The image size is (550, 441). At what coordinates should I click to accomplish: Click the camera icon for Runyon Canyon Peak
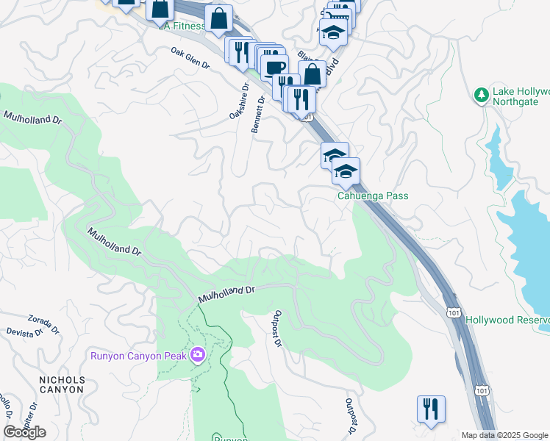tap(197, 356)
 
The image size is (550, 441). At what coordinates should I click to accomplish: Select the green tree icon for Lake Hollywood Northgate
tap(482, 96)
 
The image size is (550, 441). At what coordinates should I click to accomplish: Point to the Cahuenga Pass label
tap(372, 196)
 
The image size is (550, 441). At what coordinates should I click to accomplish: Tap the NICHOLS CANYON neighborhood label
tap(62, 384)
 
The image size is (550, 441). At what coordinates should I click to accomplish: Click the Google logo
tap(24, 432)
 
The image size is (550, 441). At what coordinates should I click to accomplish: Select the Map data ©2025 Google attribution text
tap(504, 435)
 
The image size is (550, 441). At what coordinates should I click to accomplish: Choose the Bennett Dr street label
tap(260, 113)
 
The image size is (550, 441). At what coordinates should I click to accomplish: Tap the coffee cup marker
tap(274, 68)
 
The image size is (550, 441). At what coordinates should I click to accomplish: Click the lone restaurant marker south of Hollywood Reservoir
tap(431, 409)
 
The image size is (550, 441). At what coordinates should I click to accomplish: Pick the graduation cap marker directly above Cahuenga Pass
tap(346, 172)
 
